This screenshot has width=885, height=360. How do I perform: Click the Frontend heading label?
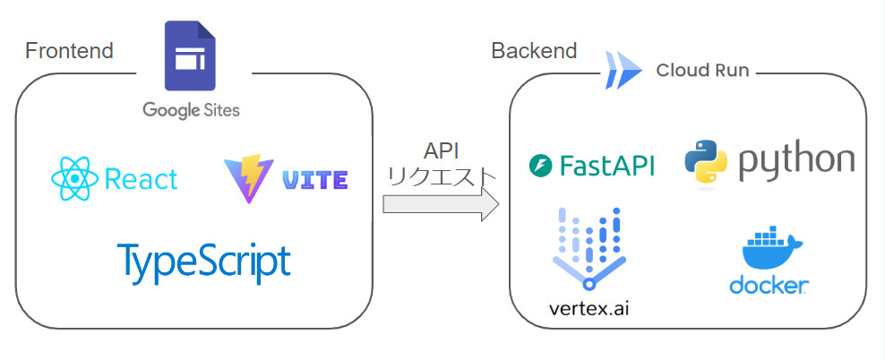point(69,51)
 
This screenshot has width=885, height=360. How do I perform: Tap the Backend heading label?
point(534,51)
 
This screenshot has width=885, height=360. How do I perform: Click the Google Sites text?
point(191,110)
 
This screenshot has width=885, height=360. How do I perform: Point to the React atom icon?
point(74,178)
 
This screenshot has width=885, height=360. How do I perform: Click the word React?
point(142,179)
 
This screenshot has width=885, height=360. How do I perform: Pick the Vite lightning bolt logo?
point(248,178)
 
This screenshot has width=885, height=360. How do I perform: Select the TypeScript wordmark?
point(204,261)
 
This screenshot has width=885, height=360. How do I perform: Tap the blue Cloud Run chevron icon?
point(623,70)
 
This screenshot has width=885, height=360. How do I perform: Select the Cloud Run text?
point(702,71)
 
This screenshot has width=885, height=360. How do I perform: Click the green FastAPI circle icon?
point(541,166)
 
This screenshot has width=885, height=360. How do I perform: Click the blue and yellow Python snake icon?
point(707,161)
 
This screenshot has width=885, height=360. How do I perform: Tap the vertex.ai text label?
point(589,309)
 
